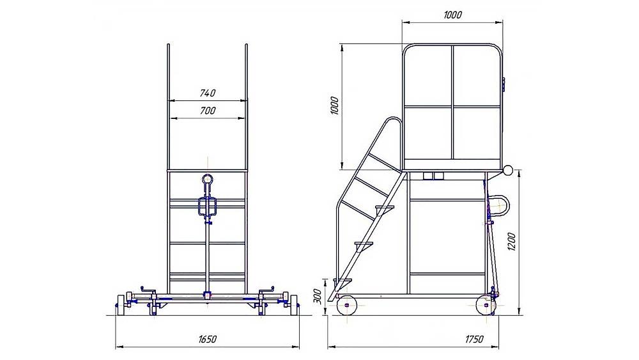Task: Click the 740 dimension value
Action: click(208, 93)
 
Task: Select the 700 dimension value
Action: click(208, 111)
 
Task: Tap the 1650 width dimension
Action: click(208, 339)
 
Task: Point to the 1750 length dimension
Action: click(474, 339)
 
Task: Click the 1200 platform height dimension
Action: click(512, 241)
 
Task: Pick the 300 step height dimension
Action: click(318, 297)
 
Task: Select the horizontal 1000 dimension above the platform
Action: click(452, 15)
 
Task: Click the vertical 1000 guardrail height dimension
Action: click(335, 106)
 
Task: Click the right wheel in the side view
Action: click(486, 305)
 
